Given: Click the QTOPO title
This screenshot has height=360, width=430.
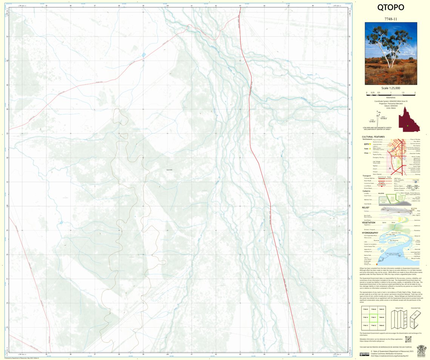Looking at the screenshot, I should [391, 8].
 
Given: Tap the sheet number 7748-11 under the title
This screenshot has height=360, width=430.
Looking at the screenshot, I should [391, 19].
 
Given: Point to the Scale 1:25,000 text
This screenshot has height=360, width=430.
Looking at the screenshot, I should [391, 88].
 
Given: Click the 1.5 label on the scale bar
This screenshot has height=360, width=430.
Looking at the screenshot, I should [403, 93].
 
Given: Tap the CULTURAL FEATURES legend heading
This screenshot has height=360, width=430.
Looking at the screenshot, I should [373, 137].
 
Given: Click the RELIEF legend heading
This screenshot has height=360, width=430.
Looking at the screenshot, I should [365, 207].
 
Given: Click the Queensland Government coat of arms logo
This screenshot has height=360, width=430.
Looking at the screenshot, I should [421, 349].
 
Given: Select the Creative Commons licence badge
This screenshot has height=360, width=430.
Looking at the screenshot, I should [364, 354].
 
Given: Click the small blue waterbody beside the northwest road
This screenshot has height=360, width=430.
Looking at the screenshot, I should [143, 55].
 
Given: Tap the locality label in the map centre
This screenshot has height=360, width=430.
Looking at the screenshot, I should [169, 170].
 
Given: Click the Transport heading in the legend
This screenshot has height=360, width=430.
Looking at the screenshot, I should [366, 176].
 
